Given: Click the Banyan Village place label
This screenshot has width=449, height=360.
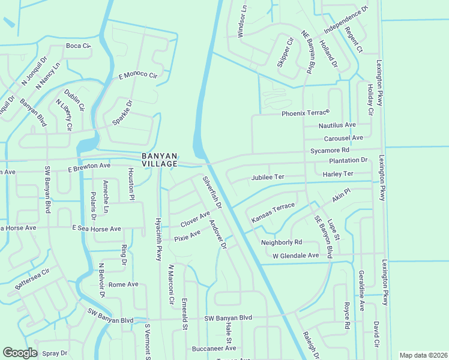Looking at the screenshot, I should click(x=160, y=160).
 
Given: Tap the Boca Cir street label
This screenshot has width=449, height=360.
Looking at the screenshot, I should click(x=78, y=46).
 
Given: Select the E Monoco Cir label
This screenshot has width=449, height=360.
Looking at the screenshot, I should click(x=137, y=76).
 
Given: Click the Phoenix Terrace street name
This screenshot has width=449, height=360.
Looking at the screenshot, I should click(x=306, y=113).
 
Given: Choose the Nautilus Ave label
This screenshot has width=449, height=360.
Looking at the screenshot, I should click(x=337, y=125).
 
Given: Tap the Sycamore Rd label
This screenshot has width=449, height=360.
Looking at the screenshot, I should click(x=330, y=150).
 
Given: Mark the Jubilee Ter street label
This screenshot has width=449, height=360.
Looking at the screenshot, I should click(x=267, y=178).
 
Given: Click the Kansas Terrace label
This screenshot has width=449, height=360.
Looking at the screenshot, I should click(x=273, y=213).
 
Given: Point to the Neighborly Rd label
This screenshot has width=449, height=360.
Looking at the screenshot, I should click(x=281, y=242).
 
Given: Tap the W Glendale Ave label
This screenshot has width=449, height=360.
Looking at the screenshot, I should click(x=295, y=256).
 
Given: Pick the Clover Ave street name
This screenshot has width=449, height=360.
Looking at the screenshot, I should click(x=195, y=220).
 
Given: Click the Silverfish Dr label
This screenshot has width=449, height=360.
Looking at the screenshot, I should click(x=212, y=192).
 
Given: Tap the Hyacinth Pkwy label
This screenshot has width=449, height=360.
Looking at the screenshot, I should click(x=159, y=239).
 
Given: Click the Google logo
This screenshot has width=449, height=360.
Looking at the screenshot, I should click(x=20, y=353).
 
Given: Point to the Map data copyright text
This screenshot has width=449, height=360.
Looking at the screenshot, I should click(x=423, y=355).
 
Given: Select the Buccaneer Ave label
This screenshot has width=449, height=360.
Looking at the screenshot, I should click(x=212, y=349).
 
